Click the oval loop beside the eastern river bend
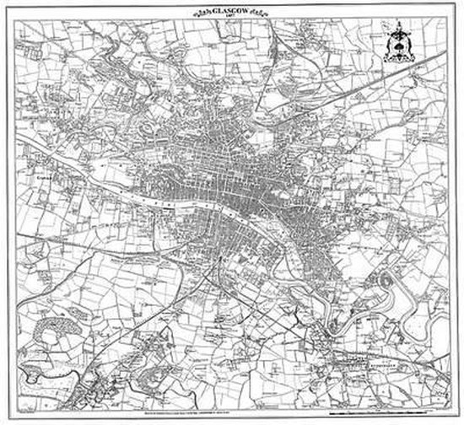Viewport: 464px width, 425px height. pyautogui.click(x=391, y=279)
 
